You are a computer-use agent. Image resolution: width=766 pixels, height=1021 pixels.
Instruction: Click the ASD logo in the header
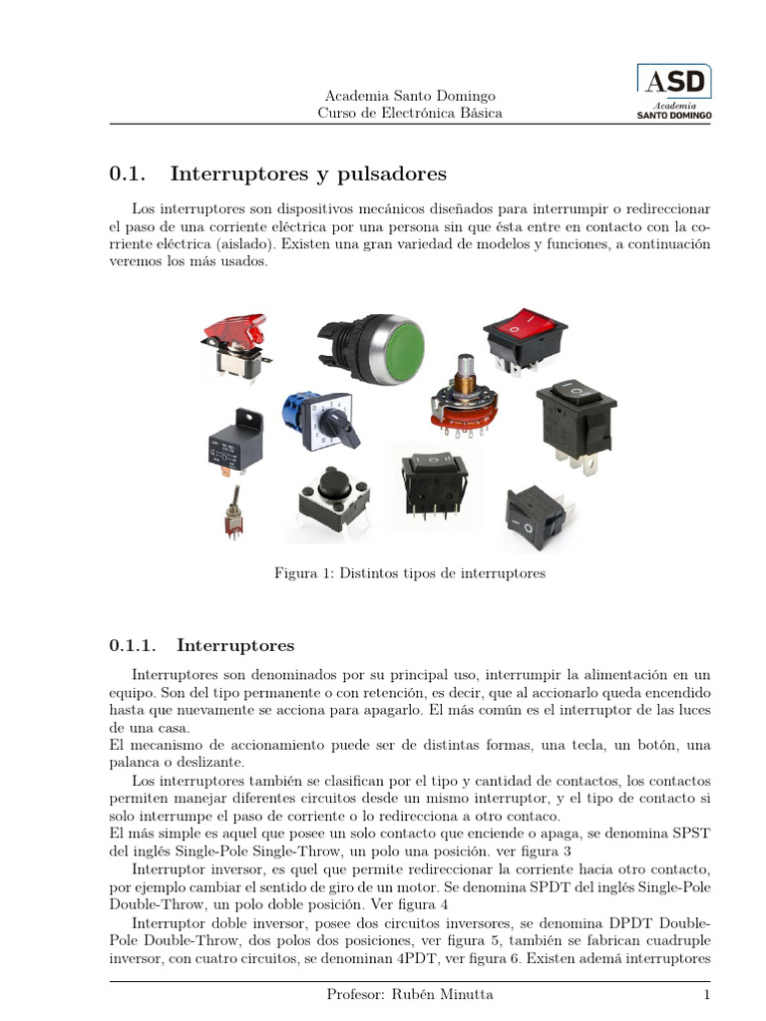click(674, 92)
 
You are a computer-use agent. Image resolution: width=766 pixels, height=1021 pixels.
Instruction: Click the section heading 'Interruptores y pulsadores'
click(308, 174)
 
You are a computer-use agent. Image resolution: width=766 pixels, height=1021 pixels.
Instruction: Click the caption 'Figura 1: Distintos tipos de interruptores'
click(410, 573)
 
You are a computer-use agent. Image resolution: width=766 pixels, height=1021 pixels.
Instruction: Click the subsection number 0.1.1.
click(132, 646)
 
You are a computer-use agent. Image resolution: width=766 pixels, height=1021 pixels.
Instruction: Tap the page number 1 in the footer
click(705, 995)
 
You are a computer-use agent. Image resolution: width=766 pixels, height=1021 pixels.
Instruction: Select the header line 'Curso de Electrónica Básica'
click(410, 114)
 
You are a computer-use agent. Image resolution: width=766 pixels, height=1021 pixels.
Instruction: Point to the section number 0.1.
click(128, 174)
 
